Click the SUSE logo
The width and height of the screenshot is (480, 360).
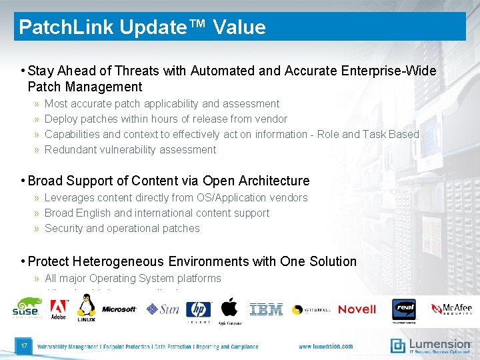point(26,308)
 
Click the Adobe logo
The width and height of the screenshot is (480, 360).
point(59,309)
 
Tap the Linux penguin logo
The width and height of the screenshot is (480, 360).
point(86,308)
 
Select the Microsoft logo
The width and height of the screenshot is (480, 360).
point(119,309)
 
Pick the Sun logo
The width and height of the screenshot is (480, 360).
point(163,309)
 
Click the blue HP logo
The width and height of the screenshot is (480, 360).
point(199,309)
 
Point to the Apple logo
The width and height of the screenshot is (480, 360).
point(229,308)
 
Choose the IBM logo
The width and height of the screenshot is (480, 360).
point(266,309)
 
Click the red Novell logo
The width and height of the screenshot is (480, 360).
point(357,309)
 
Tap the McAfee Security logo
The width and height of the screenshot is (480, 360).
point(451,309)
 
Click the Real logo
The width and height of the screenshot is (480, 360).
point(404,309)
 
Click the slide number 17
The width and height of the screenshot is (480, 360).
point(24,345)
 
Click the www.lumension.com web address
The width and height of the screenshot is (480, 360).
point(325,347)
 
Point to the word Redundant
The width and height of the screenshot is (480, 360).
point(70,149)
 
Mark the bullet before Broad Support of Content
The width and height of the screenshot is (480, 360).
point(23,181)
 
